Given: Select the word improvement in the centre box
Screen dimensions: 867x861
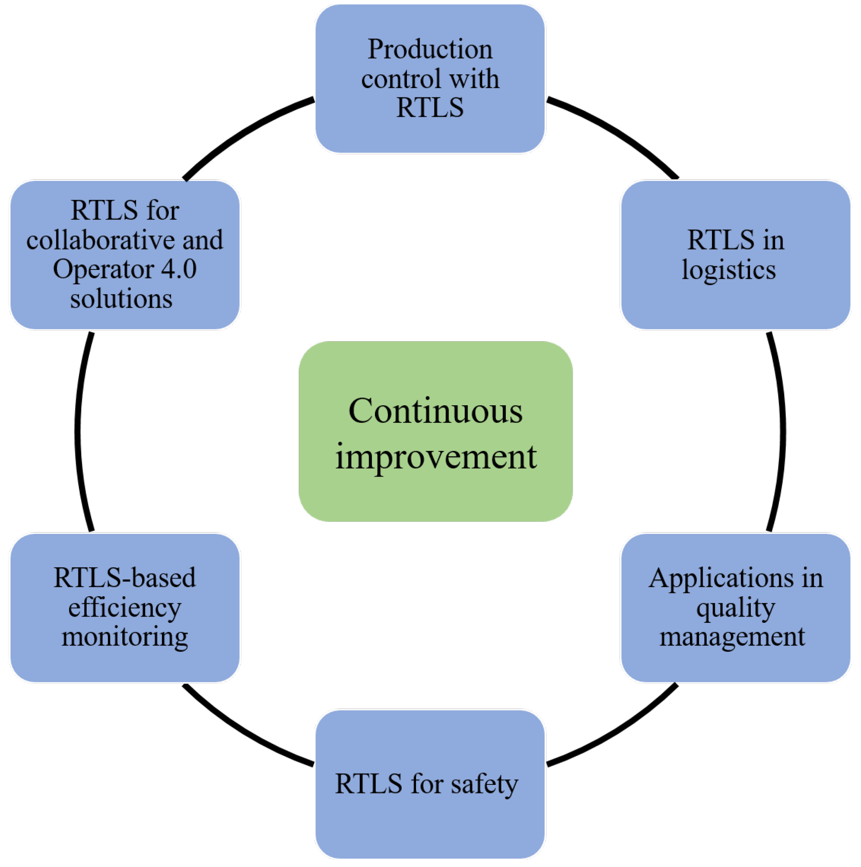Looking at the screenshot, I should (x=435, y=457).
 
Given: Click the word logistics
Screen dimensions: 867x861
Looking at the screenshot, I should (x=728, y=270).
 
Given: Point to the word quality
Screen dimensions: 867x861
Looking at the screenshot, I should (x=735, y=608).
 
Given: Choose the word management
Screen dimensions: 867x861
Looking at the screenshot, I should (x=732, y=637).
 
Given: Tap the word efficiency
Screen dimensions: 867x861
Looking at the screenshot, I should (x=125, y=608).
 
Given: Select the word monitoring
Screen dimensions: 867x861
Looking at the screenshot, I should (x=125, y=637).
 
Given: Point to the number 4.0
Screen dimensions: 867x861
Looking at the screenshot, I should (x=179, y=269).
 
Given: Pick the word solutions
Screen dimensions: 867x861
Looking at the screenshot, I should (x=121, y=299).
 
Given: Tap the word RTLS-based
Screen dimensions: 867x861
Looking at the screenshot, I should (x=125, y=578).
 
